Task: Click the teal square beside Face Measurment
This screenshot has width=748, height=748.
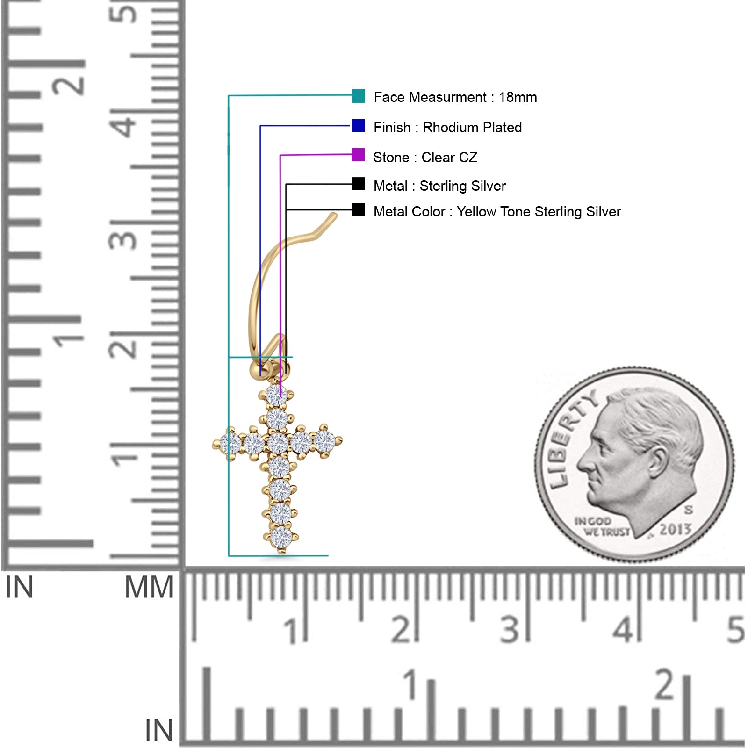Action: (x=359, y=95)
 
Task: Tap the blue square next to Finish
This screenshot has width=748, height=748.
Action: (x=359, y=125)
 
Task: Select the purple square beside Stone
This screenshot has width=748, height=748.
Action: (x=358, y=155)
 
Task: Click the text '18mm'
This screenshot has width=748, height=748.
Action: (x=518, y=97)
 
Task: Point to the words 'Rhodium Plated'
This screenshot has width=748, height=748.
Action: (x=472, y=128)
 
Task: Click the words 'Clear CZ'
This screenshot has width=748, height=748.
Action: (x=449, y=158)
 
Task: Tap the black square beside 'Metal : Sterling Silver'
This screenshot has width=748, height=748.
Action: (x=359, y=184)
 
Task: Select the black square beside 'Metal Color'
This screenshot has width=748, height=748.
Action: (x=359, y=209)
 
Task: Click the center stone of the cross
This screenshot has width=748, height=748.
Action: (x=278, y=443)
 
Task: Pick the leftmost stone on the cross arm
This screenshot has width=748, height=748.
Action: (x=230, y=443)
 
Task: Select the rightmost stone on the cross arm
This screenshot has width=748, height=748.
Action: (x=325, y=441)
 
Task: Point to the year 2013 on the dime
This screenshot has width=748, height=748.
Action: (x=676, y=529)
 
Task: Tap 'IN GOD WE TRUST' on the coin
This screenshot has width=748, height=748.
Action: (x=602, y=526)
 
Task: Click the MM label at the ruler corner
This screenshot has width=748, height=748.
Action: (x=149, y=588)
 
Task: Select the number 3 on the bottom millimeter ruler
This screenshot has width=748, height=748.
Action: (x=510, y=629)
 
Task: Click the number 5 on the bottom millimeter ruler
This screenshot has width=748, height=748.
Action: (x=735, y=629)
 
